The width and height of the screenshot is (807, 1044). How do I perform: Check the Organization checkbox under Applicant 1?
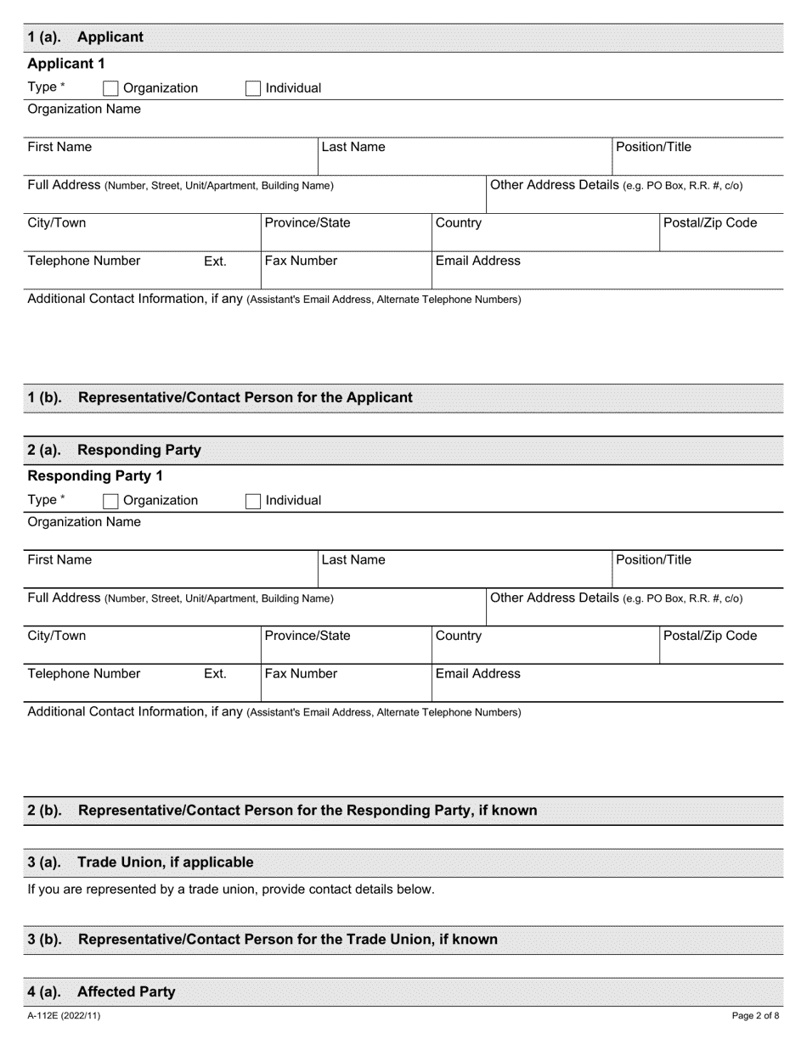point(110,88)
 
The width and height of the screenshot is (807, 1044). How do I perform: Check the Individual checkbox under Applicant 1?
point(253,88)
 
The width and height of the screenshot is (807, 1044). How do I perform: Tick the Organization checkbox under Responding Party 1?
point(110,501)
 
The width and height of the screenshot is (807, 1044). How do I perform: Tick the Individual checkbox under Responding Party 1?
point(253,501)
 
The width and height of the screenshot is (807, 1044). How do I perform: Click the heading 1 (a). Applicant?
point(86,37)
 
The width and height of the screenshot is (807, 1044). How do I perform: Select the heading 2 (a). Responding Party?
point(115,450)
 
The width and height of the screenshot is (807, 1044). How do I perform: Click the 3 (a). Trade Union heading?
point(141,862)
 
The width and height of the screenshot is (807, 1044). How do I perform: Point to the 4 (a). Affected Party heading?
point(102,991)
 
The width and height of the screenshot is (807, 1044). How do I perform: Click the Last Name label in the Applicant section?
point(353,147)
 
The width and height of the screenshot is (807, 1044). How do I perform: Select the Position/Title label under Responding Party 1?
point(653,559)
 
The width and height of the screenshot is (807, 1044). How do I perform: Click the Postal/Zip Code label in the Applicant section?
point(711,222)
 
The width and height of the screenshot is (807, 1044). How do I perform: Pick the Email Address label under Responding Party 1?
point(477,673)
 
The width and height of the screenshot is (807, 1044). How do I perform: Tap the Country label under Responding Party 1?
point(458,635)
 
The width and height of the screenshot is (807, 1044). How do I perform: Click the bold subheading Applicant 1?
point(66,64)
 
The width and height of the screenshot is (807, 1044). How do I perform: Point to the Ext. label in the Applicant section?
point(215,261)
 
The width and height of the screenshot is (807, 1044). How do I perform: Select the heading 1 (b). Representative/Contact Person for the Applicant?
point(221,397)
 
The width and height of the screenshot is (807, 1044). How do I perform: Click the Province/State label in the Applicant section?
point(308,222)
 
